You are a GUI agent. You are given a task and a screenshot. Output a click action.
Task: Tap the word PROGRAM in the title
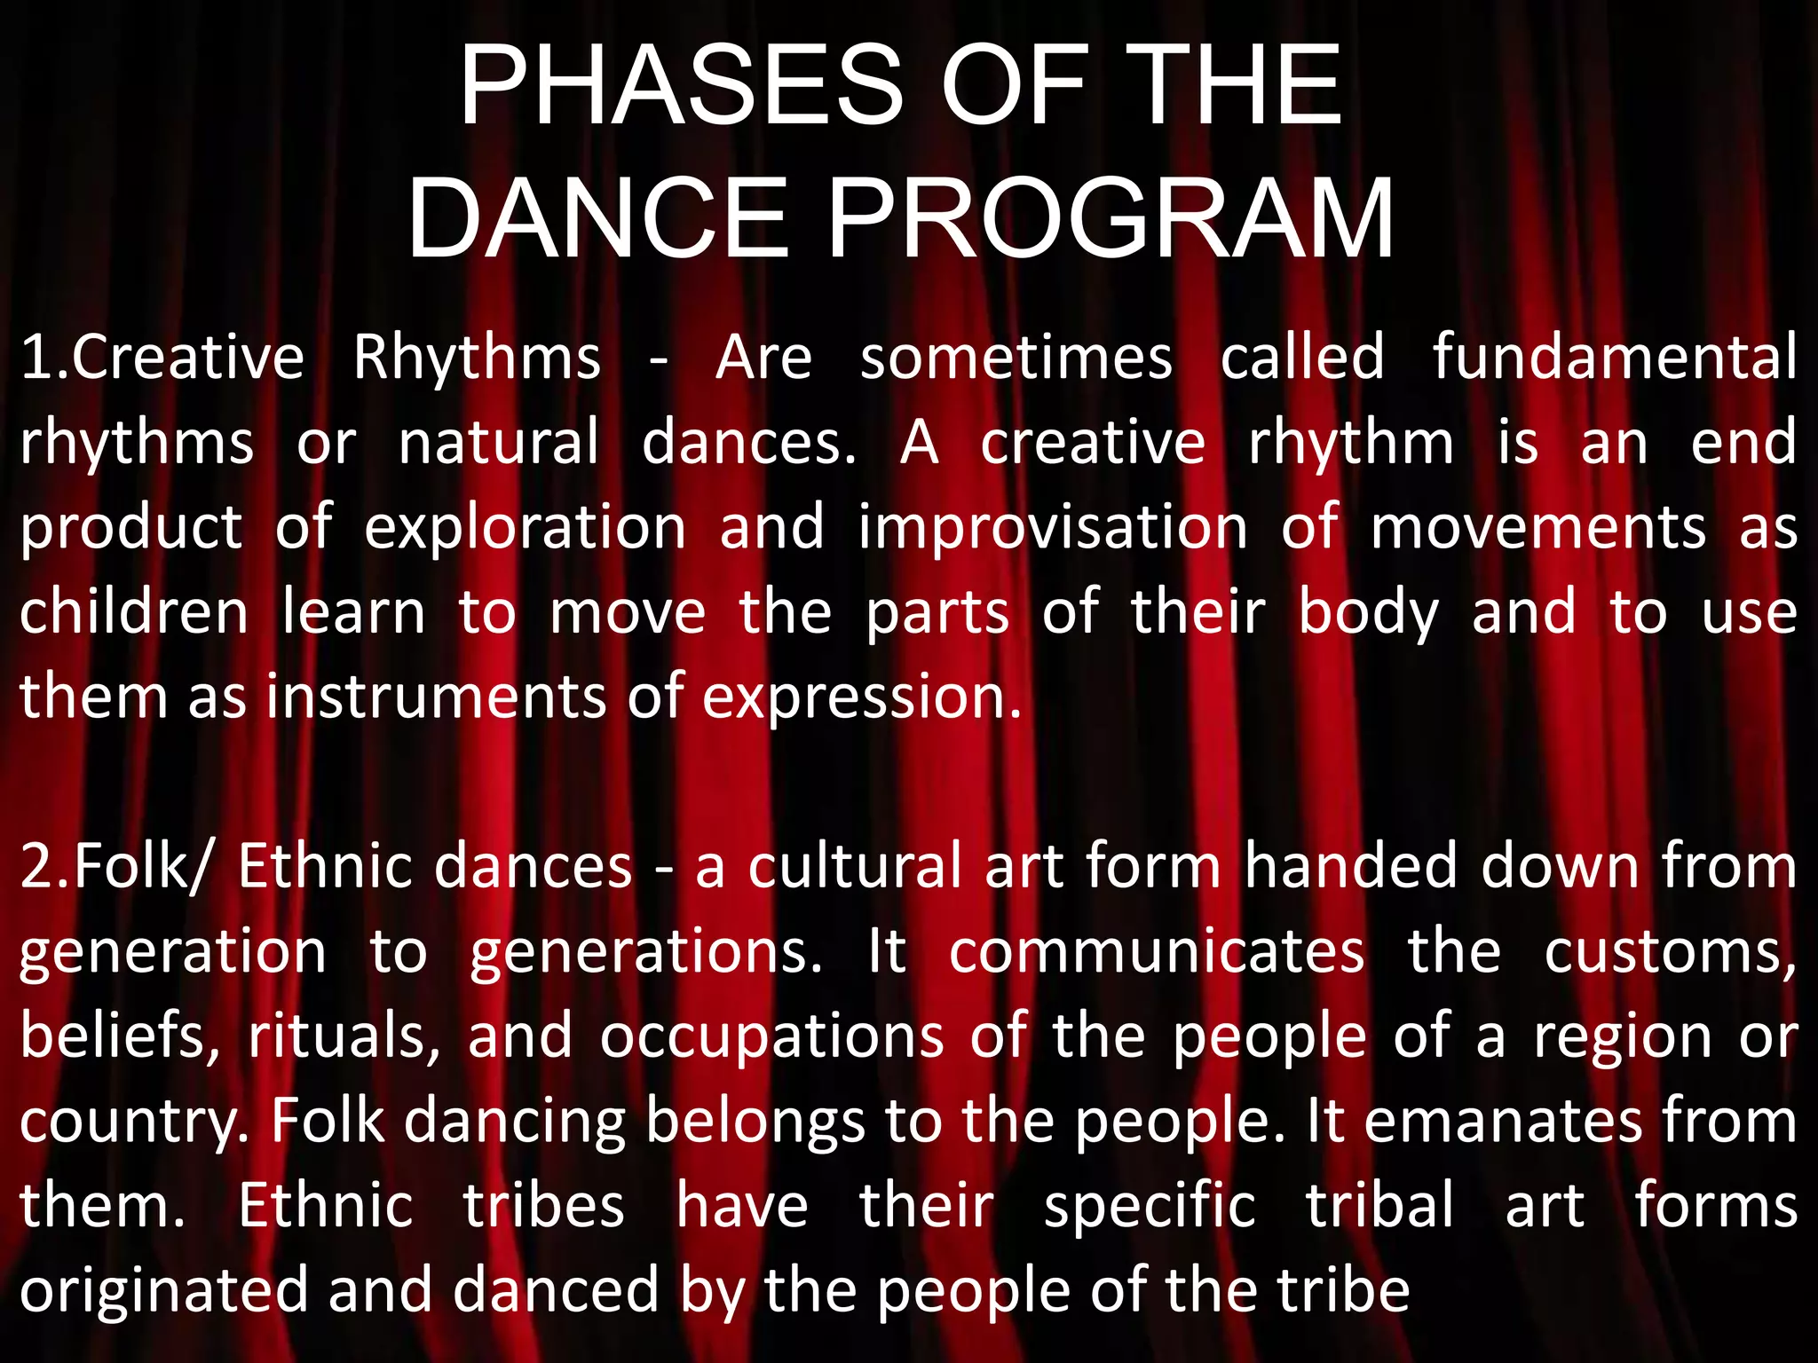pos(1111,219)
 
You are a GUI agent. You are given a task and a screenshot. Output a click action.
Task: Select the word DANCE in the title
pos(597,219)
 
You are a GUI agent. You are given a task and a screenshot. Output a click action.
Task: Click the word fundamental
pos(1615,358)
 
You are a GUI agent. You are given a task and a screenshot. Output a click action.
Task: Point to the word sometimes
pos(1016,358)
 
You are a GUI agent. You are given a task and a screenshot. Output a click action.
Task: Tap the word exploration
pos(525,527)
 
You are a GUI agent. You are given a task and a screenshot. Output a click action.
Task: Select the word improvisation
pos(1053,527)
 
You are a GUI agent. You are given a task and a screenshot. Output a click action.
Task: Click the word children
pos(134,612)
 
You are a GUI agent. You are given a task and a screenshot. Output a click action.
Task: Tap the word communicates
pos(1157,951)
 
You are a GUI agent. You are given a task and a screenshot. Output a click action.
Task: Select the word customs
pos(1669,953)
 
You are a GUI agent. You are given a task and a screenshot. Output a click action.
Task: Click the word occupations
pos(771,1037)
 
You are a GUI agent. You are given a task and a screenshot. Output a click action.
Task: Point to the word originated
pos(164,1291)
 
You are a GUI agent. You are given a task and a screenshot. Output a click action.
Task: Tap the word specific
pos(1150,1207)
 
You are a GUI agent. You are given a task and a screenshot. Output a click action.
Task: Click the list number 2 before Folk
pos(37,867)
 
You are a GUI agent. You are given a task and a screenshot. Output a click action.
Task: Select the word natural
pos(498,443)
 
